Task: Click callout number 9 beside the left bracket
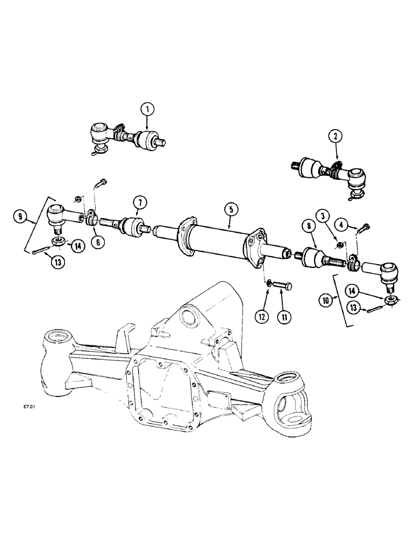point(21,218)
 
